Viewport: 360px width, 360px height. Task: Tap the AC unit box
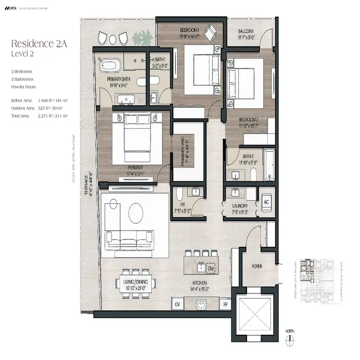pos(265,202)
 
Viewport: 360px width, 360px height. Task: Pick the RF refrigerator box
pos(225,305)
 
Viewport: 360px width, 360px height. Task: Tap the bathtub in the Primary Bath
pos(109,66)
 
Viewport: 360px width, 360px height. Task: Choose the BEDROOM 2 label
pos(248,119)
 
